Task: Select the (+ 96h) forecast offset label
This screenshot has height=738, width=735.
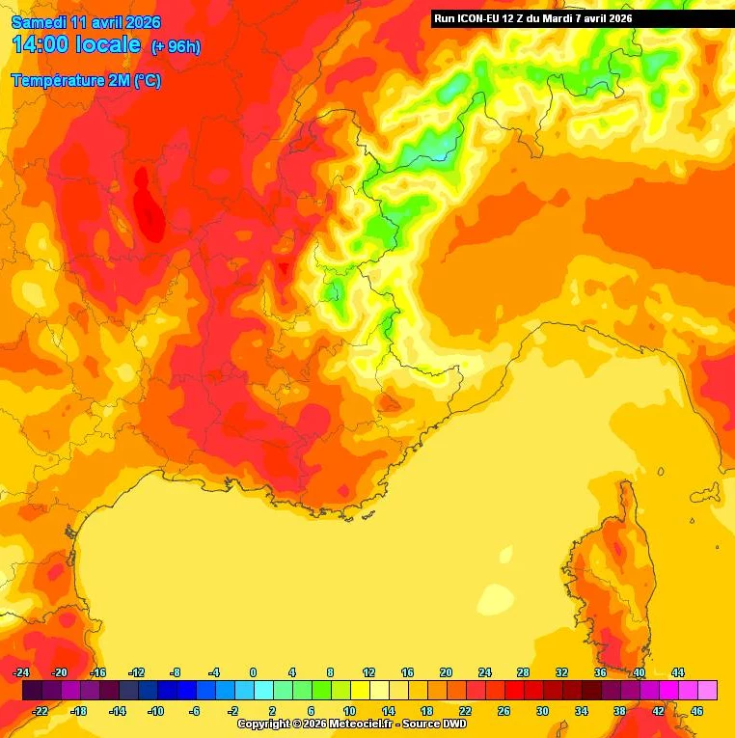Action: [x=176, y=46]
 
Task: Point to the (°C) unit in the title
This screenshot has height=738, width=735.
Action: [x=147, y=81]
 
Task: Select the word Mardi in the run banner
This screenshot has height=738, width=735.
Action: [x=562, y=17]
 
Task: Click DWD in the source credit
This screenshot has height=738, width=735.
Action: [x=453, y=724]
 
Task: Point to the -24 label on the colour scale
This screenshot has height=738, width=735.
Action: [x=21, y=672]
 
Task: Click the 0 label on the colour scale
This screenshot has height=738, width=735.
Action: [x=253, y=672]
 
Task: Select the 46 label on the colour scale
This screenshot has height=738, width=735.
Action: [x=696, y=711]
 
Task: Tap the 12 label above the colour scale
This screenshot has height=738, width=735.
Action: [x=368, y=672]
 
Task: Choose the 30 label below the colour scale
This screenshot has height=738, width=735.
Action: [x=542, y=711]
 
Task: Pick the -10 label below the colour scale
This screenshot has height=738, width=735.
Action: [x=155, y=711]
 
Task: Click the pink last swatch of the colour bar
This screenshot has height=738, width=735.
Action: [x=707, y=690]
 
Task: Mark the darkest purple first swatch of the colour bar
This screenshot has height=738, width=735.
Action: [x=32, y=690]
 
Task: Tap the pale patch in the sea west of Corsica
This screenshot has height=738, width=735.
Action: [x=497, y=594]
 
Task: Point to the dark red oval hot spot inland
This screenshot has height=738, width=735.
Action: [x=148, y=205]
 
